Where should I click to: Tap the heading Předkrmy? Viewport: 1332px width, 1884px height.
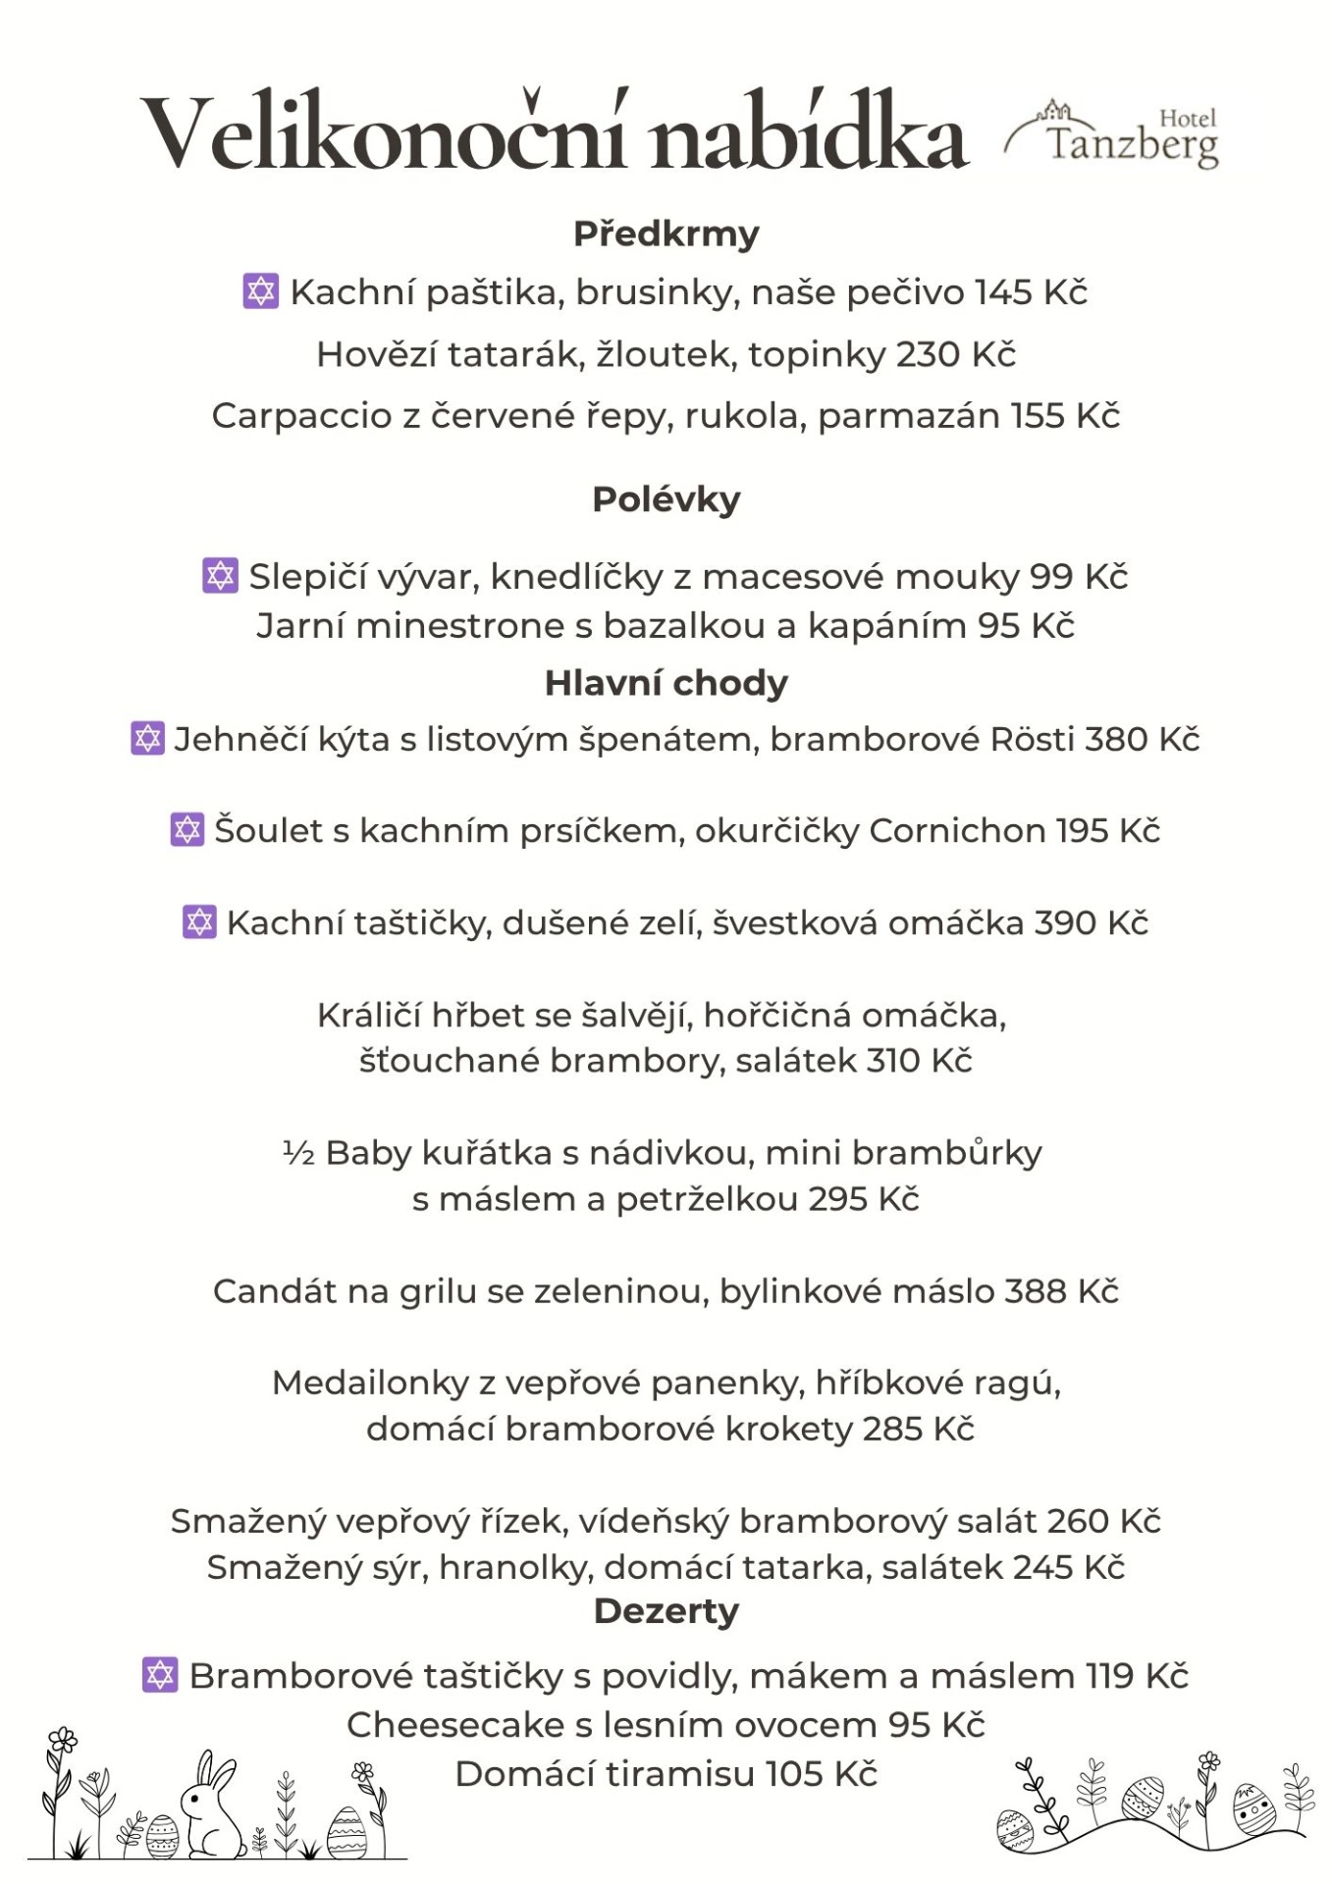[x=666, y=235]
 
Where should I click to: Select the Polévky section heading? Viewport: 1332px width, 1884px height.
[x=666, y=499]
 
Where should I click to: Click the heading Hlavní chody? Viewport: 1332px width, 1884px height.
[x=666, y=683]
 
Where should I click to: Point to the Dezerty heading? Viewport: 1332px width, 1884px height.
[x=666, y=1611]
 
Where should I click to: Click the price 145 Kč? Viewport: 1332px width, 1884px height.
[x=1031, y=292]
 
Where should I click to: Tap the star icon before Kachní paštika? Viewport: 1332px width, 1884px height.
[x=260, y=291]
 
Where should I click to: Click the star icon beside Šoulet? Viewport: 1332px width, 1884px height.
[x=186, y=829]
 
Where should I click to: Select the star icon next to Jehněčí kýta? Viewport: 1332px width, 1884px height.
[x=147, y=738]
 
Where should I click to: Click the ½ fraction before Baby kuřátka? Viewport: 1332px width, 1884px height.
[x=298, y=1153]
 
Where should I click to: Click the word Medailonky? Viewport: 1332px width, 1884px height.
[x=370, y=1383]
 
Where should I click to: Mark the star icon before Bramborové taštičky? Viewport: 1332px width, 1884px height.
[x=160, y=1674]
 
